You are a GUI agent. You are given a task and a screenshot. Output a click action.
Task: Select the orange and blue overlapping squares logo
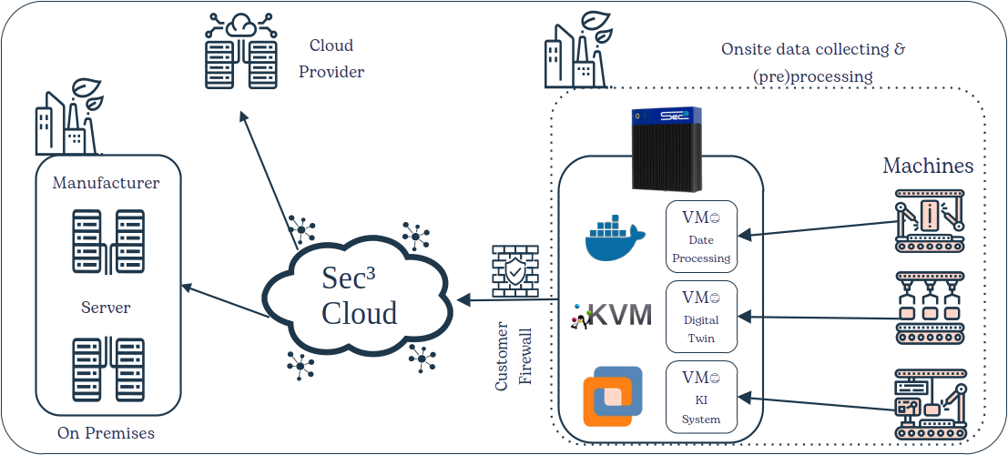coord(612,397)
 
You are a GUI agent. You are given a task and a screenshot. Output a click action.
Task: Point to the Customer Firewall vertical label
coord(514,356)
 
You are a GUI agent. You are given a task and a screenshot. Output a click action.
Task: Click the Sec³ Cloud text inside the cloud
coord(359,295)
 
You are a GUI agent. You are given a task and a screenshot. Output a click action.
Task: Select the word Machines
coord(928,166)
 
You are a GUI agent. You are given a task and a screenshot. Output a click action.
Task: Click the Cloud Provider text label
coord(331,58)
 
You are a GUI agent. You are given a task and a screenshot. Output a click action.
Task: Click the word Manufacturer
coord(107,183)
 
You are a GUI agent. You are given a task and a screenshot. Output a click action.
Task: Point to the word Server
coord(107,308)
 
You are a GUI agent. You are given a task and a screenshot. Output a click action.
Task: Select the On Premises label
coord(106,433)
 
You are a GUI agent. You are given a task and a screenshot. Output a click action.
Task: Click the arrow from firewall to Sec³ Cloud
coord(505,299)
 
